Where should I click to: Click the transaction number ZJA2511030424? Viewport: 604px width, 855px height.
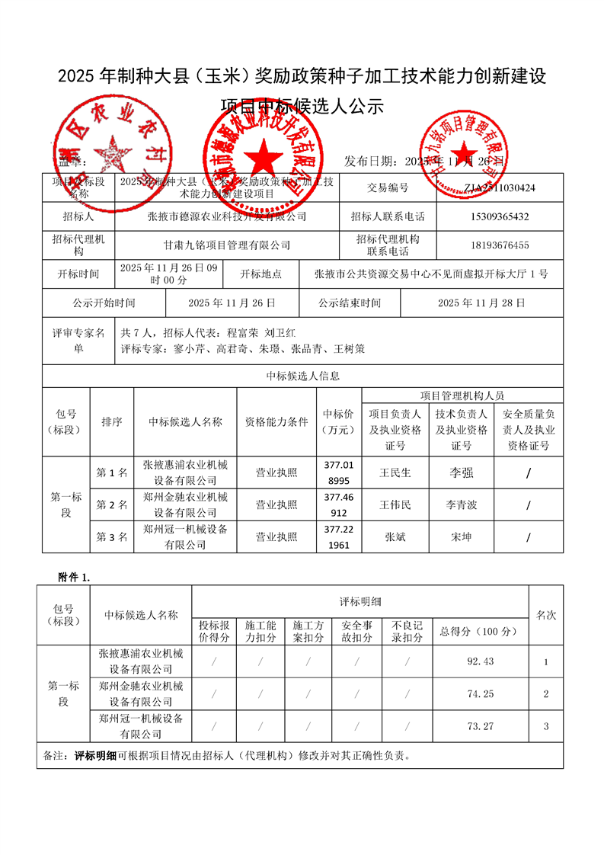coord(500,187)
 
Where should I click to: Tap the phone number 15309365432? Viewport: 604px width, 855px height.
coord(500,216)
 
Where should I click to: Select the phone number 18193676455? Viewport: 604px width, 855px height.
coord(500,245)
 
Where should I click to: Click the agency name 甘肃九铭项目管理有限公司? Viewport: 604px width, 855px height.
coord(227,245)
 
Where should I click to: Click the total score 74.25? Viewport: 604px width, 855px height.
coord(481,693)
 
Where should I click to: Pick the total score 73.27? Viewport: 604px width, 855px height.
coord(481,726)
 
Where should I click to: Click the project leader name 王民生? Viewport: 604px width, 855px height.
coord(395,472)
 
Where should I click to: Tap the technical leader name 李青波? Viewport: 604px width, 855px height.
coord(462,504)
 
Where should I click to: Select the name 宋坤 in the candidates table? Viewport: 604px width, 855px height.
coord(462,537)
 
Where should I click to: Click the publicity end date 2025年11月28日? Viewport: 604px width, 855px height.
coord(481,303)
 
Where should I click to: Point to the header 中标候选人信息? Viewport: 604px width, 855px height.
coord(302,376)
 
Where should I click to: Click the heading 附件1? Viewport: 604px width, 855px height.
coord(74,577)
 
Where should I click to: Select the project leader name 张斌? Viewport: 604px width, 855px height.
coord(395,537)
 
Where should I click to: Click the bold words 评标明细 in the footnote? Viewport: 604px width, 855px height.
coord(96,757)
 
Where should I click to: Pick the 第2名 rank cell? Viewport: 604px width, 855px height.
coord(111,504)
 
